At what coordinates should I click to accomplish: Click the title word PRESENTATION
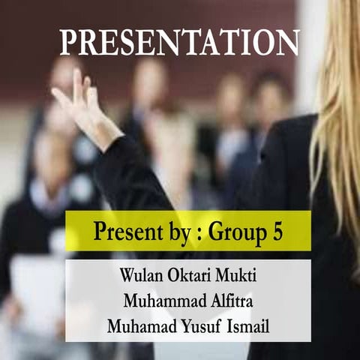179,43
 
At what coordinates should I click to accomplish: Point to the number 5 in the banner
277,232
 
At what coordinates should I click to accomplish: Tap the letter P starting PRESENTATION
68,43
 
